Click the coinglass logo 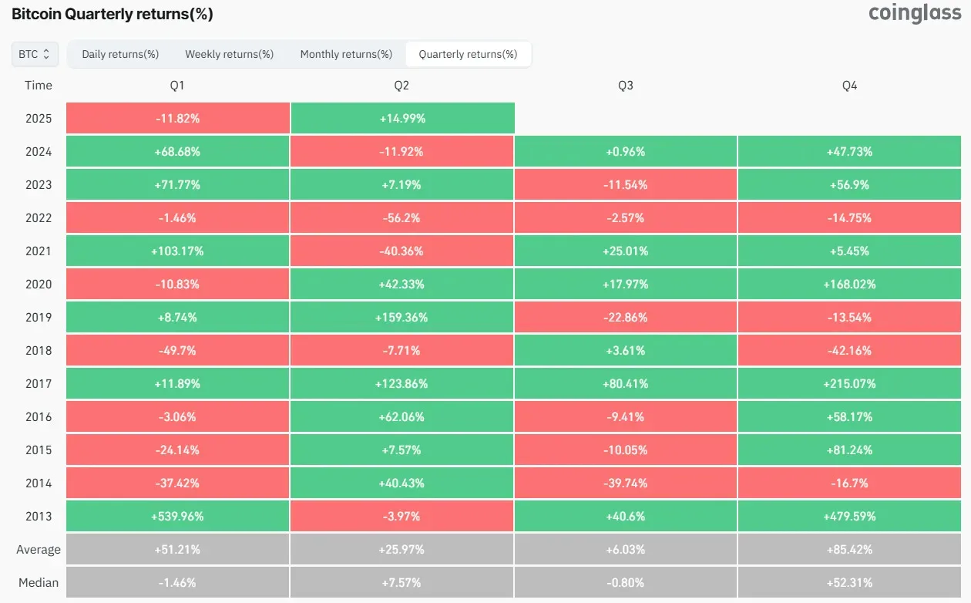click(915, 13)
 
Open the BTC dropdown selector click(35, 54)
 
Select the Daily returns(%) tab click(120, 54)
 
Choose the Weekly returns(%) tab click(230, 54)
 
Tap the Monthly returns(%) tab click(346, 54)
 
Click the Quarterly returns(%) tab click(469, 54)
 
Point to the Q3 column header click(626, 86)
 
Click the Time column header click(39, 86)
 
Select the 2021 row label click(39, 251)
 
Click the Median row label click(39, 583)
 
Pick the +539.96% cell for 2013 click(177, 516)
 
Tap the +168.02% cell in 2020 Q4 click(849, 284)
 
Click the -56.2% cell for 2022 click(402, 217)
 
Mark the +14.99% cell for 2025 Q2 click(403, 118)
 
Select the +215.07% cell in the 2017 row click(849, 383)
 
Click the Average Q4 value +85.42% click(849, 550)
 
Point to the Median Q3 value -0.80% click(626, 583)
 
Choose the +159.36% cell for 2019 click(402, 318)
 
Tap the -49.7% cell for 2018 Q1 click(177, 351)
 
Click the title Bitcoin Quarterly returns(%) click(113, 14)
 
